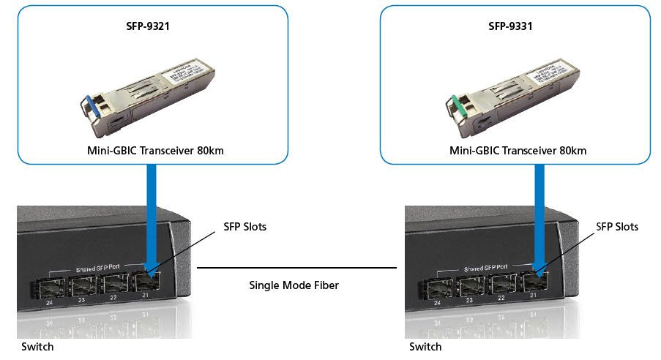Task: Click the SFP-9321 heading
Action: [x=152, y=27]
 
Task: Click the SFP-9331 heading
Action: [x=510, y=27]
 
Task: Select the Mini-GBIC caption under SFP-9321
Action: [x=153, y=151]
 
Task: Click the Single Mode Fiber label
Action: [x=294, y=285]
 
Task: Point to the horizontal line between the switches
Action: [x=296, y=268]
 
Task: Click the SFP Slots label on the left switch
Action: [x=245, y=227]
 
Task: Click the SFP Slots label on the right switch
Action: [x=617, y=227]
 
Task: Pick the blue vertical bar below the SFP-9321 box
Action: [x=152, y=212]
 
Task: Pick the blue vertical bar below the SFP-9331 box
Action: [x=539, y=212]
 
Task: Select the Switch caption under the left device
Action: [x=37, y=347]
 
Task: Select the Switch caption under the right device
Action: [x=425, y=347]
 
